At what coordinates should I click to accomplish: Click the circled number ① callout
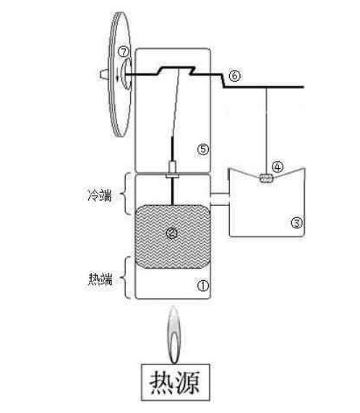click(x=203, y=285)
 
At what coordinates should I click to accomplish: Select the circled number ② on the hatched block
click(x=172, y=232)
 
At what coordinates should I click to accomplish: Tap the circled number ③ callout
click(x=296, y=223)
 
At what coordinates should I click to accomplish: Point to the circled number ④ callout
click(x=278, y=167)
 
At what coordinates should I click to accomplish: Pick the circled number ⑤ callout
click(x=203, y=149)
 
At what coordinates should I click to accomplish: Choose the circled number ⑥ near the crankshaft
click(x=234, y=76)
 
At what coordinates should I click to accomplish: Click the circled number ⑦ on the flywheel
click(x=124, y=51)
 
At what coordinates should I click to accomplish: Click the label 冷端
click(x=100, y=196)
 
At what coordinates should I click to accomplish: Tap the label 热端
click(x=100, y=279)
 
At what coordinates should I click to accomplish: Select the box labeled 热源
click(x=176, y=382)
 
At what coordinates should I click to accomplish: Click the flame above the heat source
click(x=173, y=335)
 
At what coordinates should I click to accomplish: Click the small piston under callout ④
click(x=266, y=178)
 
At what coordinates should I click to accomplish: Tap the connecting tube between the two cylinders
click(x=220, y=199)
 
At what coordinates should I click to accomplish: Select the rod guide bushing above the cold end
click(x=172, y=170)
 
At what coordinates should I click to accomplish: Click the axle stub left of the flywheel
click(x=104, y=74)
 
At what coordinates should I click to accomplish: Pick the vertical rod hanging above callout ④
click(x=266, y=131)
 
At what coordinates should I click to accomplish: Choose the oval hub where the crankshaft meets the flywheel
click(x=126, y=74)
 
